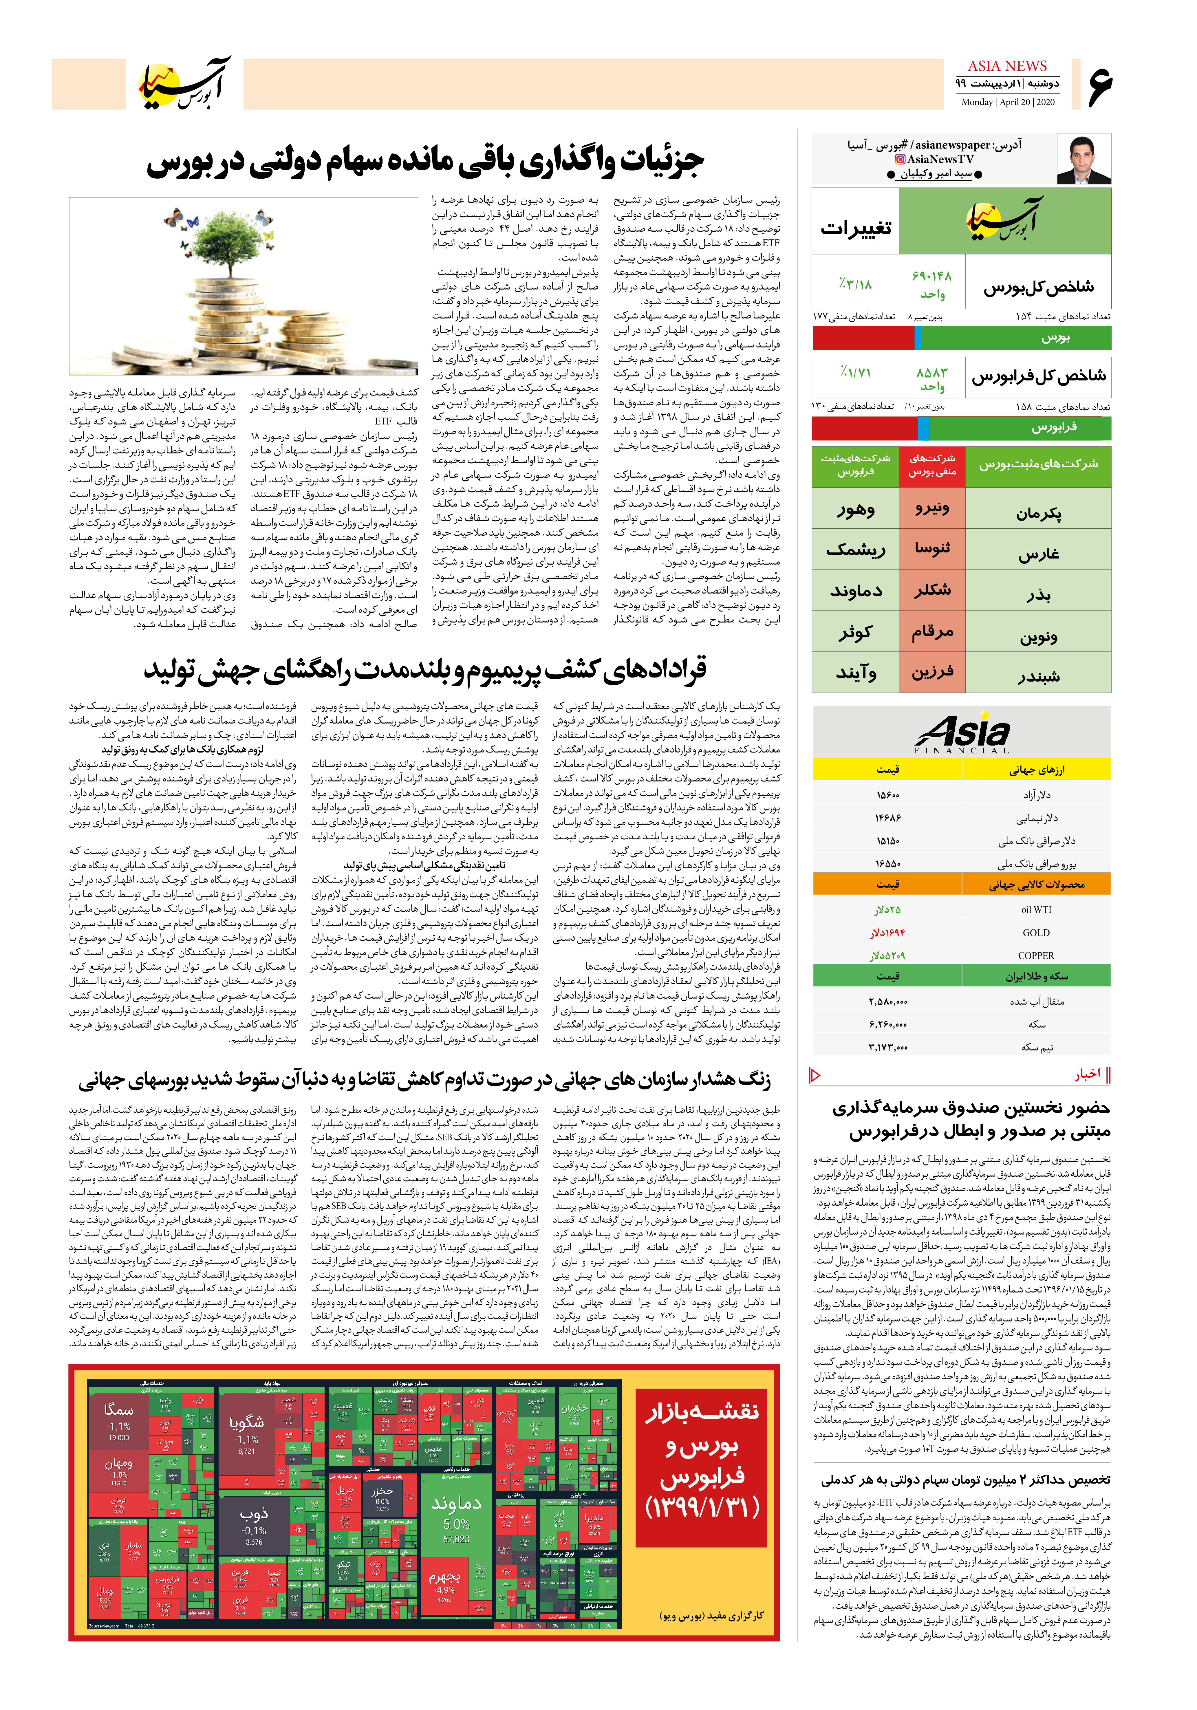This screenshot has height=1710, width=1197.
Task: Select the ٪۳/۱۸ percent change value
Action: point(855,284)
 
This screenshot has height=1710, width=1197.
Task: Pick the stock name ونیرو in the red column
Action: point(932,509)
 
